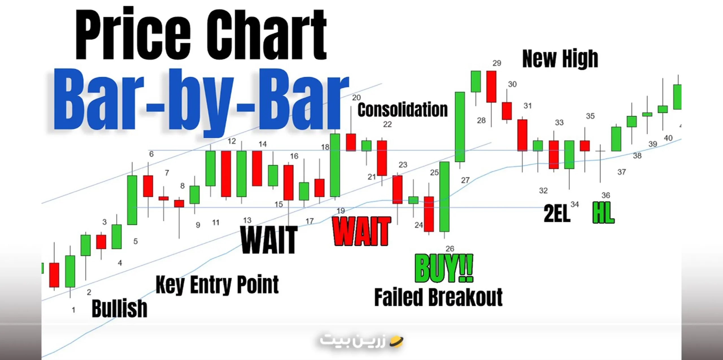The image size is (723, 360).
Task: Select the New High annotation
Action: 560,59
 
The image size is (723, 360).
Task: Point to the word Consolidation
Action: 403,110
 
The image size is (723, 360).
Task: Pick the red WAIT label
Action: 362,232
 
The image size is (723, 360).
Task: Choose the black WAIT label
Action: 269,240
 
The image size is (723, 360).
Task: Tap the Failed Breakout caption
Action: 438,297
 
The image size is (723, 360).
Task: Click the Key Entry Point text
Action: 217,285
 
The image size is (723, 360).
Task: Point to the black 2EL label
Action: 556,214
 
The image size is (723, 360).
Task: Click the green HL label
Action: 603,213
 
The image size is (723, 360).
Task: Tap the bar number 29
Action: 497,63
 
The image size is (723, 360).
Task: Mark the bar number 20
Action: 356,97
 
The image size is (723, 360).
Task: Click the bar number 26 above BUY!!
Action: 450,248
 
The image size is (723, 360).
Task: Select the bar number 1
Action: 73,310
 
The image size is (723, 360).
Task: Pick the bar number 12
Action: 232,141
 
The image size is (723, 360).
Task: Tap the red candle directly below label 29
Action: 491,86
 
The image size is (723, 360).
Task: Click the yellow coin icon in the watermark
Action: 397,342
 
